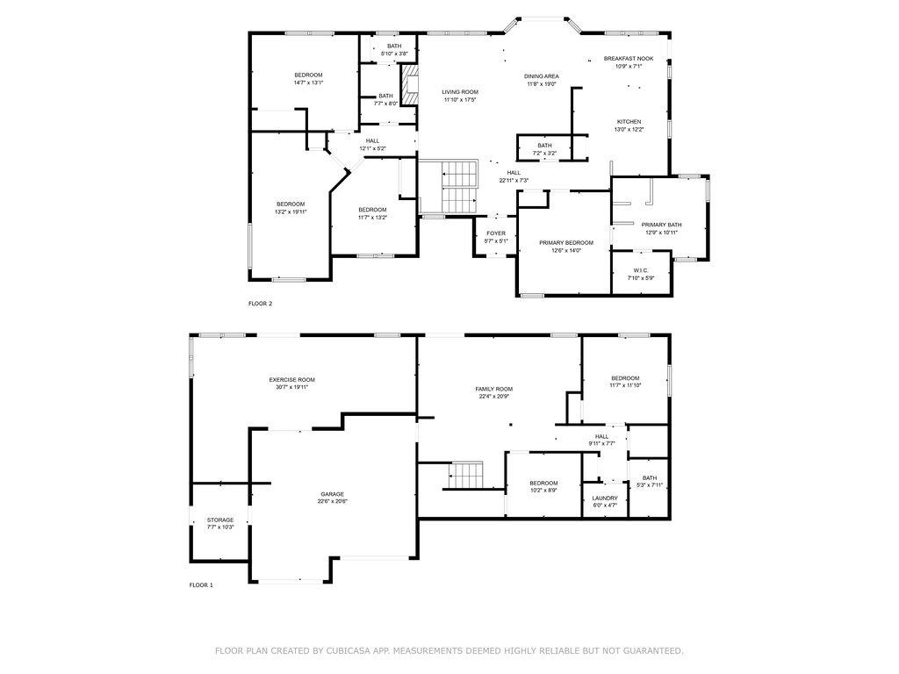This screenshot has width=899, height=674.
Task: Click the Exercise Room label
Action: tap(291, 379)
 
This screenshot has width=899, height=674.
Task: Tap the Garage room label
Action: tap(332, 494)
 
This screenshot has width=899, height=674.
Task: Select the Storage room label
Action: tap(220, 520)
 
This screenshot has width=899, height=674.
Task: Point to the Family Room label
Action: tap(494, 389)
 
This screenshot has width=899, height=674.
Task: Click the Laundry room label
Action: tap(605, 498)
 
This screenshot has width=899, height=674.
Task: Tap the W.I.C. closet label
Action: tap(641, 270)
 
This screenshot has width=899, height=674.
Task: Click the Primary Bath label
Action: tap(661, 225)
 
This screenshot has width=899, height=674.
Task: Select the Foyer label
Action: tap(496, 233)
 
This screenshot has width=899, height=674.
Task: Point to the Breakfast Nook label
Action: tap(622, 58)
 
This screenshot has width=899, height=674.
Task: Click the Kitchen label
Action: tap(629, 122)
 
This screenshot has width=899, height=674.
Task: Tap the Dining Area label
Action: tap(542, 76)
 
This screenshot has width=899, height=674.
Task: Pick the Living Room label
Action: tap(459, 92)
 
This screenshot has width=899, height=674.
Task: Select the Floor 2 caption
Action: tap(261, 304)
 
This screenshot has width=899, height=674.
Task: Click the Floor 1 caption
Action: tap(201, 584)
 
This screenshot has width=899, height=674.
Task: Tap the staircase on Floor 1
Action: tap(466, 477)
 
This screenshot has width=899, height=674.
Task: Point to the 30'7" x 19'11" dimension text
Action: tap(291, 387)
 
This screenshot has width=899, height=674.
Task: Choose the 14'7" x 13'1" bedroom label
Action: tap(308, 75)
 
